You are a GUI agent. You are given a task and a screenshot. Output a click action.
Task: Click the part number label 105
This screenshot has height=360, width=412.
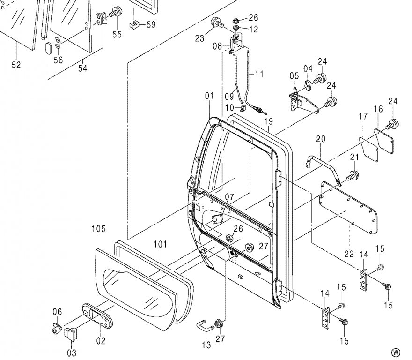[98, 229]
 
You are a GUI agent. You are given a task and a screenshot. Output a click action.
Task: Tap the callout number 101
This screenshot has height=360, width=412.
[160, 244]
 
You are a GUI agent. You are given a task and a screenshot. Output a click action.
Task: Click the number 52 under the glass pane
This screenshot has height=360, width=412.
[16, 65]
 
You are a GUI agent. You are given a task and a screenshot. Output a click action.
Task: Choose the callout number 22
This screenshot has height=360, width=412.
[349, 254]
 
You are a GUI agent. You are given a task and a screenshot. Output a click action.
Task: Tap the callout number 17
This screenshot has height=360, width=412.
[363, 116]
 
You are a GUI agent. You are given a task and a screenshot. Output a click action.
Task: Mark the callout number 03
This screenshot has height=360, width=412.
[72, 352]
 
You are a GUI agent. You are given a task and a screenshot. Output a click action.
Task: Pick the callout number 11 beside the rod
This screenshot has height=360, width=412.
[259, 74]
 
